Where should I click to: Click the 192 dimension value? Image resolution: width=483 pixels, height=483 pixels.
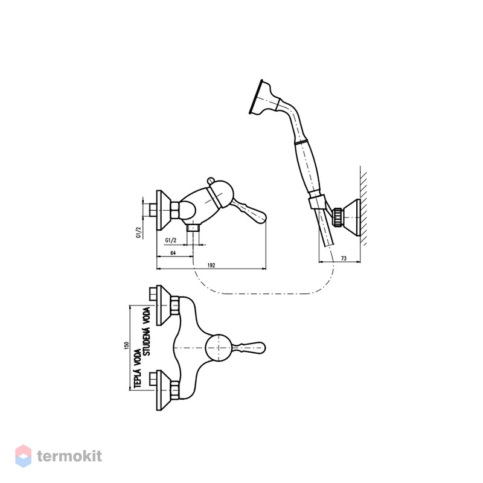coord(211,265)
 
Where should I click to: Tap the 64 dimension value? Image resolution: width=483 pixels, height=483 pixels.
coord(173,253)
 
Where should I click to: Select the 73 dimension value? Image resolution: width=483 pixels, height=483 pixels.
coord(344,258)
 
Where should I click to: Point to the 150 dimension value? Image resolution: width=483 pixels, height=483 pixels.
coord(126,345)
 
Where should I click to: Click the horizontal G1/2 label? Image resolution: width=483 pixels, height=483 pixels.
coord(171,240)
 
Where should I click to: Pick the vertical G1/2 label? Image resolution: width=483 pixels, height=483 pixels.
coord(138,232)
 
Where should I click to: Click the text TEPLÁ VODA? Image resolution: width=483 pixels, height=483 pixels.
coord(138,368)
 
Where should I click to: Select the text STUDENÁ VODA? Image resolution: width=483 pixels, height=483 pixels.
coord(147,331)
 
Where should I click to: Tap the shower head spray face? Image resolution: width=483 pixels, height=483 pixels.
coord(255,97)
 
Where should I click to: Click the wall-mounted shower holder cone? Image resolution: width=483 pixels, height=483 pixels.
coord(351,217)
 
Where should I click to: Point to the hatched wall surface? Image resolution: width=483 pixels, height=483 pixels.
coord(363,206)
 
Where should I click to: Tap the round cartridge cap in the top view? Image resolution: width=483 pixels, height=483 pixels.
coord(219,348)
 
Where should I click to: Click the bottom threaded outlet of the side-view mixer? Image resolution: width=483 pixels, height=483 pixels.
coord(193,228)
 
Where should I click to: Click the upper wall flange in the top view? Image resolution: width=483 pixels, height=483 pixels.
coord(163,305)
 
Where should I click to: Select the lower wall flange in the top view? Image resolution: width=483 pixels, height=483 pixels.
coord(163,390)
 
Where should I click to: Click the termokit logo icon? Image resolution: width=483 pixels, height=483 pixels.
coord(24,456)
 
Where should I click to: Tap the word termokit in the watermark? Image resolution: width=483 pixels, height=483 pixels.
coord(69,456)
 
